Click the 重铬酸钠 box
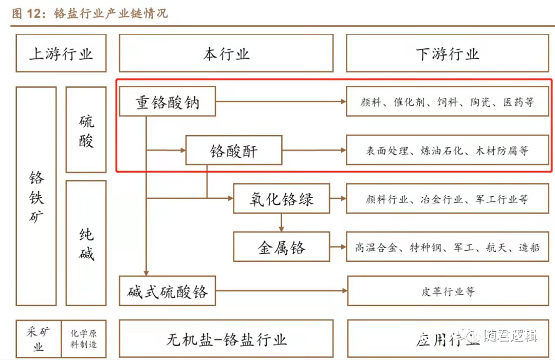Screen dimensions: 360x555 [167, 101]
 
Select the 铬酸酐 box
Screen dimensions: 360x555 [233, 150]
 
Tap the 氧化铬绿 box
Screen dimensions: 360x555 [281, 199]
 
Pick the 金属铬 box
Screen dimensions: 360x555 [281, 247]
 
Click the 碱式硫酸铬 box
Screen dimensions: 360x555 [167, 291]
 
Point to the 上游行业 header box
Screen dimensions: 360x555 [61, 53]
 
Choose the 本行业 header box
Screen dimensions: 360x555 [226, 53]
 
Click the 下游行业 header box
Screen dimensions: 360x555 [447, 53]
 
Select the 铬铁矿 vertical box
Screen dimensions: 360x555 [36, 196]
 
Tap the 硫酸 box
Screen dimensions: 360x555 [86, 129]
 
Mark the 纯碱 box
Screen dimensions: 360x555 [86, 243]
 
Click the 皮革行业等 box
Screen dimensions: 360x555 [448, 291]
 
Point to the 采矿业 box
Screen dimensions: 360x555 [39, 339]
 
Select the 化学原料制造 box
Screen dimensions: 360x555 [84, 339]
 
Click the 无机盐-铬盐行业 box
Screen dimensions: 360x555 [226, 339]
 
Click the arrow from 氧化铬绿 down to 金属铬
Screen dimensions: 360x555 [281, 222]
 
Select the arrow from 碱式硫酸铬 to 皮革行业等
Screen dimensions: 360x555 [281, 291]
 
